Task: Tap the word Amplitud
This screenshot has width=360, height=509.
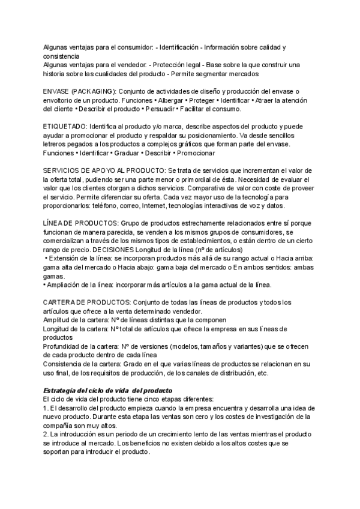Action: click(58, 321)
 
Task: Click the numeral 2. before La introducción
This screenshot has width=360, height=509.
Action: click(47, 435)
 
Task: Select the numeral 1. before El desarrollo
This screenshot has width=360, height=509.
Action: click(46, 408)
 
